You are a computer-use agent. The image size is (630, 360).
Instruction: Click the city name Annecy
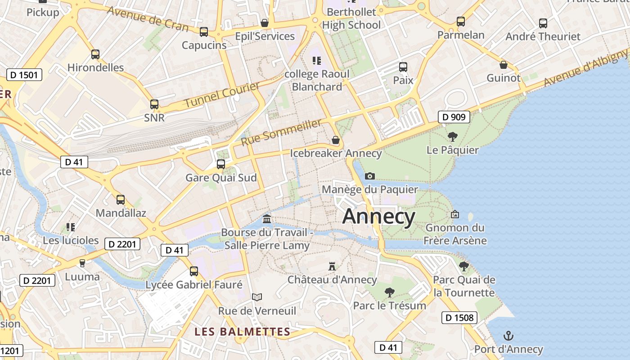[378, 217]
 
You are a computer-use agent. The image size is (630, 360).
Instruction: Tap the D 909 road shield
[454, 117]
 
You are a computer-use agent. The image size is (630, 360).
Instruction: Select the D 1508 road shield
[459, 318]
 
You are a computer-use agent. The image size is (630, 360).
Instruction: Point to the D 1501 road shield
[24, 75]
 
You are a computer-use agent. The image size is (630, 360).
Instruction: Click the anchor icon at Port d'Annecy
[508, 336]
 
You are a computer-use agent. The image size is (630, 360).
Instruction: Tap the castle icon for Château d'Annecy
[332, 266]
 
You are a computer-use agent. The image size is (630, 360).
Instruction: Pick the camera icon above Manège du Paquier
[370, 176]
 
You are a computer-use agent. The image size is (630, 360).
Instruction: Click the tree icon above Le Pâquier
[452, 136]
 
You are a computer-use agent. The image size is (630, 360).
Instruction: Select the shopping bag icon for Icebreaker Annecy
[335, 140]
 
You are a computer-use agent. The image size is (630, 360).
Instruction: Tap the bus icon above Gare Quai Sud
[221, 164]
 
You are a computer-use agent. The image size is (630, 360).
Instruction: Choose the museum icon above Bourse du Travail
[267, 219]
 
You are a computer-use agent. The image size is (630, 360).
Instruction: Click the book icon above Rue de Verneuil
[257, 297]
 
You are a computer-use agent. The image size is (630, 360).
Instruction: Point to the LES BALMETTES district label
[242, 332]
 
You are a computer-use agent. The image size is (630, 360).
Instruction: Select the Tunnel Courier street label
[222, 95]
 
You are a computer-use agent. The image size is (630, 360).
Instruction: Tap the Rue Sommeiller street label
[281, 132]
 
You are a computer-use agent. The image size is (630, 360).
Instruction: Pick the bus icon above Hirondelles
[95, 54]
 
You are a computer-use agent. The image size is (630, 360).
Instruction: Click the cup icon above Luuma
[82, 263]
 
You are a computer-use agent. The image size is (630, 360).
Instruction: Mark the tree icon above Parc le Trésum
[389, 292]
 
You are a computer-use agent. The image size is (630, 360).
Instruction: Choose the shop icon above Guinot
[504, 65]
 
